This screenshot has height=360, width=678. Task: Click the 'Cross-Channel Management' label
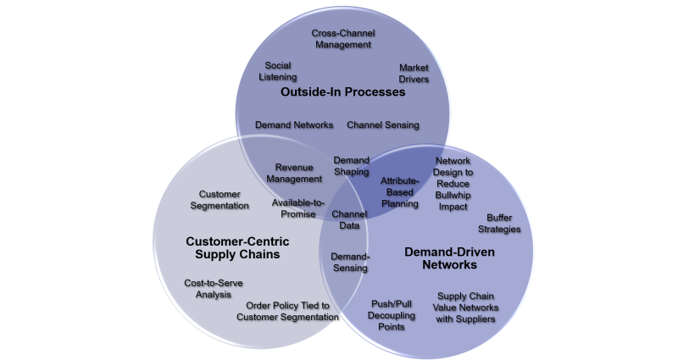tap(343, 39)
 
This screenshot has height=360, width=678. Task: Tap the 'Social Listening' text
tap(278, 71)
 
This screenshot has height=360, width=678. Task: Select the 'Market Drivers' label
tap(414, 74)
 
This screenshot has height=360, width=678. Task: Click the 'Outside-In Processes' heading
tap(343, 92)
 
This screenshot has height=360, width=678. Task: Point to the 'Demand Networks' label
tap(294, 125)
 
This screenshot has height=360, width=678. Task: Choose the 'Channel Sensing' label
tap(383, 125)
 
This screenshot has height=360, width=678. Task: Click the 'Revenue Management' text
tap(294, 173)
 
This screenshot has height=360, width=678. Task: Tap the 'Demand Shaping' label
tap(351, 166)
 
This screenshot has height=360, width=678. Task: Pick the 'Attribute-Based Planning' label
tap(399, 191)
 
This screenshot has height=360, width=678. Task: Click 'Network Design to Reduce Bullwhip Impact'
tap(453, 183)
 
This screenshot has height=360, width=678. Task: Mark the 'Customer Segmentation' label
tap(219, 200)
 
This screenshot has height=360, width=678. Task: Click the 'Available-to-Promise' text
tap(294, 208)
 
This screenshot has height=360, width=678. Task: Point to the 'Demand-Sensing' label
tap(349, 262)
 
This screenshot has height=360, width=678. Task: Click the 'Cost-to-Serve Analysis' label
tap(208, 288)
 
